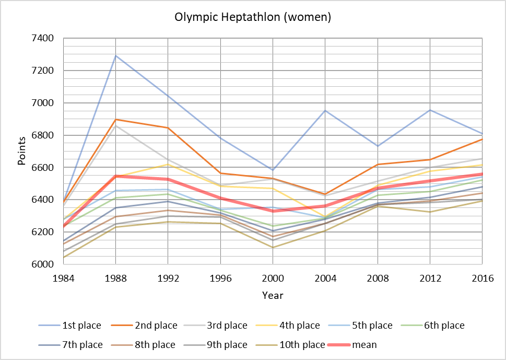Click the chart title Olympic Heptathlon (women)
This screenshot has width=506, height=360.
coord(253,17)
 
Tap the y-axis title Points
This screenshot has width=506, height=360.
coord(22,152)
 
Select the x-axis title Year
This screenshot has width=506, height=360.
coord(273,296)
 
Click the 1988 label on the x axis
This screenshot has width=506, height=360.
coord(115,278)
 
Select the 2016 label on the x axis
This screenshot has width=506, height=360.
coord(481,278)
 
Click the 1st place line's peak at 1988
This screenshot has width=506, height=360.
coord(115,55)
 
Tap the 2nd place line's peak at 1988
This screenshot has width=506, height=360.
coord(115,120)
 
